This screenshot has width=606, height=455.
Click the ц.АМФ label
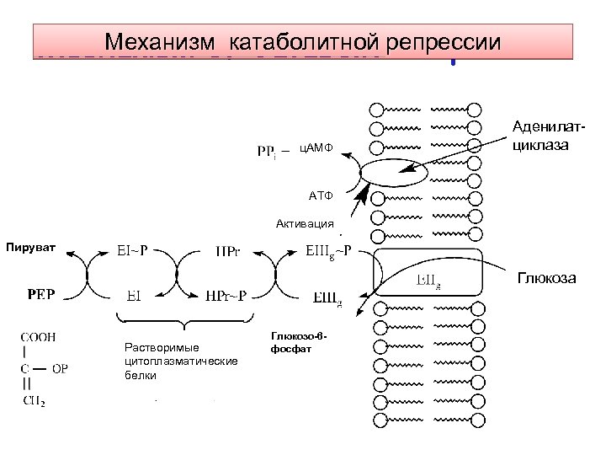pos(316,149)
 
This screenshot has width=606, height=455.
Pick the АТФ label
pos(320,196)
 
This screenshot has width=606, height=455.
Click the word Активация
pos(305,224)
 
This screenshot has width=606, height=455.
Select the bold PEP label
pos(40,296)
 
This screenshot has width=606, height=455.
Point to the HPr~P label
pos(226,296)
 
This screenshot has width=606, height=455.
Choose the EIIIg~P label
pos(328,250)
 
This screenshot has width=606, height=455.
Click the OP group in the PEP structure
pos(61,367)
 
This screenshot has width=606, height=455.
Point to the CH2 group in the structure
pos(34,400)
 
